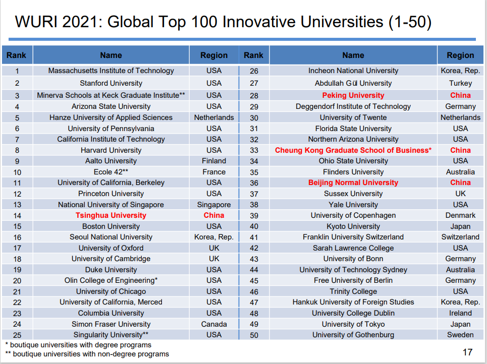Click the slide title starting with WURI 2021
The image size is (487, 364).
point(223,22)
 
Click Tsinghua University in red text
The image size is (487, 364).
point(111,215)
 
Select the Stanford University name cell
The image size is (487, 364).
point(111,83)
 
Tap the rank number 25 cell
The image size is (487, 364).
point(17,335)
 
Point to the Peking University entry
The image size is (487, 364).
point(353,95)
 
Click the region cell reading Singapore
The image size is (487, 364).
point(214,205)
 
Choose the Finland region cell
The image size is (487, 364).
point(214,161)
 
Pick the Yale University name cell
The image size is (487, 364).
point(353,205)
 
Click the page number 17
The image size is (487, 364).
point(467,352)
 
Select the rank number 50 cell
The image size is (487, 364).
point(254,335)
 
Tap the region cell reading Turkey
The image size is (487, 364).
point(460,83)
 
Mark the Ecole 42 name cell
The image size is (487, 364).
point(111,172)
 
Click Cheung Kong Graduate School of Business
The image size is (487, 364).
point(353,150)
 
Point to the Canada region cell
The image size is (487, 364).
point(214,324)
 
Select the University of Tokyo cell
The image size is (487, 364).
point(353,324)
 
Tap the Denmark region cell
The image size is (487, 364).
point(460,215)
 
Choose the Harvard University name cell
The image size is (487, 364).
point(111,150)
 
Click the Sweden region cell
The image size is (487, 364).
point(460,335)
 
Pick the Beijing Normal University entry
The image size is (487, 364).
point(353,183)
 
